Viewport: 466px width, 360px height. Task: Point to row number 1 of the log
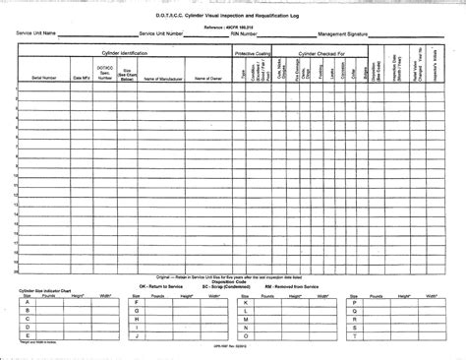click(x=16, y=89)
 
